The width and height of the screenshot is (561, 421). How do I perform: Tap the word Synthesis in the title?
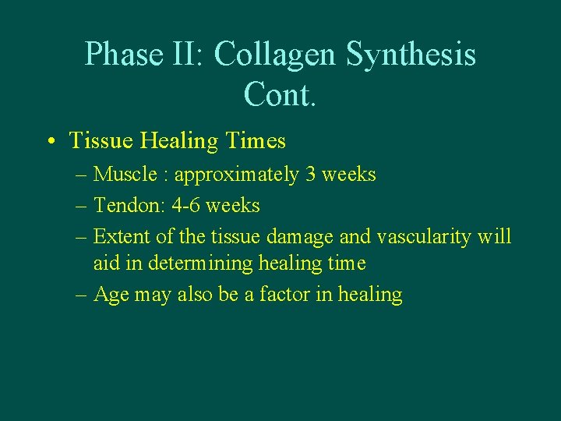pyautogui.click(x=411, y=55)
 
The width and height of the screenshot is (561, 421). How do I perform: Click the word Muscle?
pyautogui.click(x=125, y=175)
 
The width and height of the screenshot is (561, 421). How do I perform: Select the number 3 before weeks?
pyautogui.click(x=311, y=175)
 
